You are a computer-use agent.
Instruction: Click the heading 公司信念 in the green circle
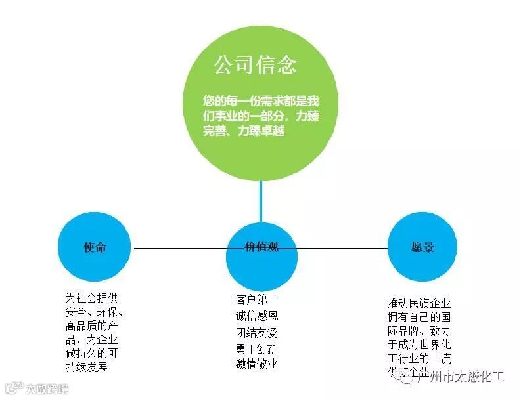click(x=255, y=65)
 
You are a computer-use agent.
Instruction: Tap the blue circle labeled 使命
click(x=95, y=247)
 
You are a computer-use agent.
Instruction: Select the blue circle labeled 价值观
click(x=261, y=248)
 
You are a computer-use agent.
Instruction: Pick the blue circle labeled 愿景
click(x=422, y=247)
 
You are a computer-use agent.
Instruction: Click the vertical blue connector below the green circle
click(x=261, y=201)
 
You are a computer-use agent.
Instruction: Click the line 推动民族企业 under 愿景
click(x=419, y=303)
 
